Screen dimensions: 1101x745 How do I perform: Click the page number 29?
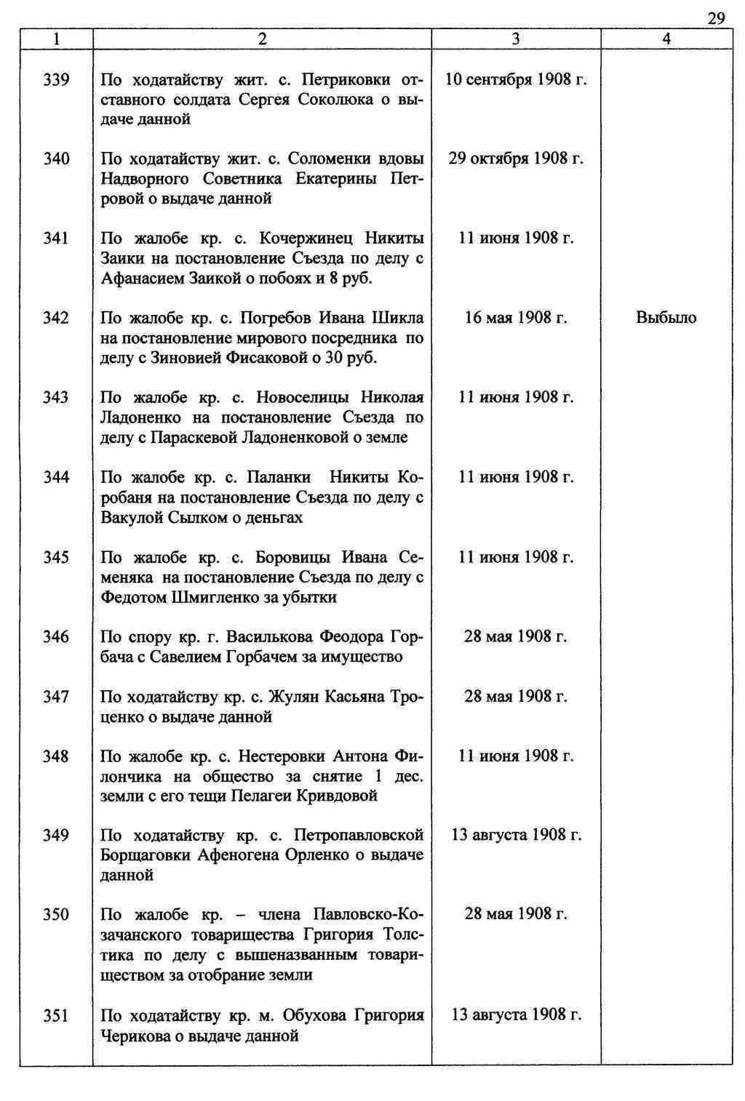[716, 18]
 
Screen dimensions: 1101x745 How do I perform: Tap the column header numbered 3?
[516, 39]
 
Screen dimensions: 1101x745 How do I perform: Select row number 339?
[56, 79]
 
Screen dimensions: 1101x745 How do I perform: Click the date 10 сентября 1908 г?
[516, 79]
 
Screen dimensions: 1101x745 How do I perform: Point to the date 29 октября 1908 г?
[516, 159]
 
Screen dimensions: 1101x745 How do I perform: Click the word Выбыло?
[666, 318]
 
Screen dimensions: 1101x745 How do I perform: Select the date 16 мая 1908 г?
[516, 318]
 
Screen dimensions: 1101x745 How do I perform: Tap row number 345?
[56, 557]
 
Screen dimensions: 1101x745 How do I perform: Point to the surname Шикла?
[398, 318]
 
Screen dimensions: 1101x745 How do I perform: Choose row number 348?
[56, 756]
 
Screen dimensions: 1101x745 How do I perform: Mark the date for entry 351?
[516, 1014]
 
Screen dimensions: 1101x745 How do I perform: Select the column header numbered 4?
[666, 39]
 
